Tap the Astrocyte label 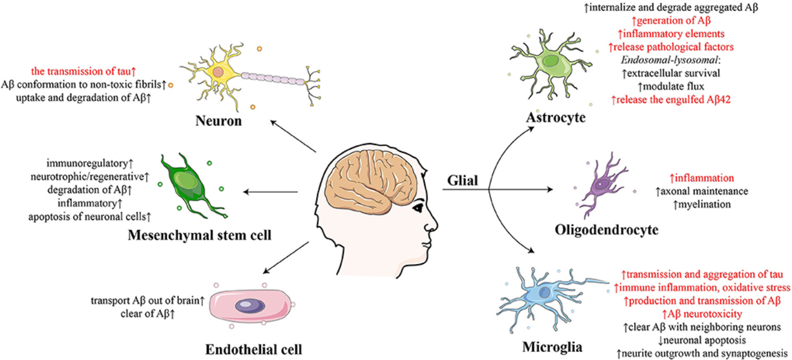point(555,118)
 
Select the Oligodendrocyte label point(606,229)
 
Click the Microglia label point(552,347)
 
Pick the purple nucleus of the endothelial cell point(249,307)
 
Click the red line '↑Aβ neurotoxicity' point(701,314)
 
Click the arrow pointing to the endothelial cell point(284,256)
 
